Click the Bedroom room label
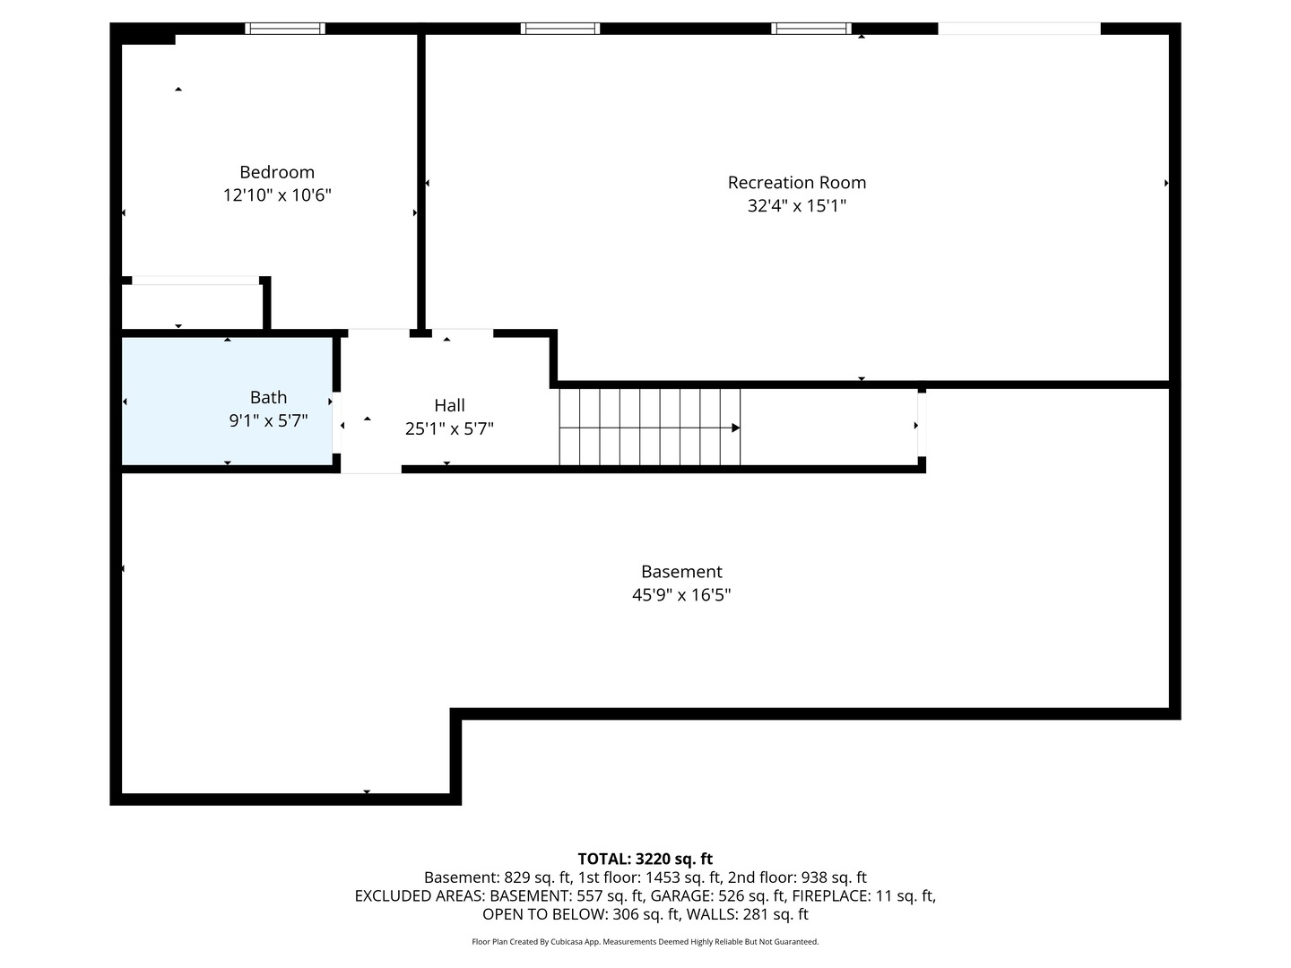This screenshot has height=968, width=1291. click(x=276, y=172)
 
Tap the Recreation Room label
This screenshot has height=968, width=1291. click(x=796, y=183)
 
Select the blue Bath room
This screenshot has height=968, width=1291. click(x=227, y=401)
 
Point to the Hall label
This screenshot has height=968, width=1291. click(x=449, y=405)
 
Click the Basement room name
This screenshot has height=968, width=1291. click(x=681, y=571)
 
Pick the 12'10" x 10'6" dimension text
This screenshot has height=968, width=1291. click(x=276, y=195)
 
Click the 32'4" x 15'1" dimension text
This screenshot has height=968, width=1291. click(x=796, y=206)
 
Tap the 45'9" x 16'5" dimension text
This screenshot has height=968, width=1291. click(x=681, y=595)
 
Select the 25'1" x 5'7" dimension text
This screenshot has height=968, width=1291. click(x=449, y=429)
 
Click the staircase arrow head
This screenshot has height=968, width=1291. click(x=735, y=428)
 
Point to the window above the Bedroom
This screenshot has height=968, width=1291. click(x=285, y=28)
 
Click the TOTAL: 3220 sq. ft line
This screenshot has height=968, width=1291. click(x=645, y=860)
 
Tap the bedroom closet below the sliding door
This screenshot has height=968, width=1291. click(x=192, y=307)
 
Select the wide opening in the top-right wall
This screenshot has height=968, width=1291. click(x=1018, y=29)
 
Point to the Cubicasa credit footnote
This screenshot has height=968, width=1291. click(x=645, y=941)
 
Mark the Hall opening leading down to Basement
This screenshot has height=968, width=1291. click(x=371, y=469)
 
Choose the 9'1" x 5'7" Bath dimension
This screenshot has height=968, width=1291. click(x=268, y=421)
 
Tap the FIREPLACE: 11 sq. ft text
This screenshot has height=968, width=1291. click(x=863, y=895)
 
